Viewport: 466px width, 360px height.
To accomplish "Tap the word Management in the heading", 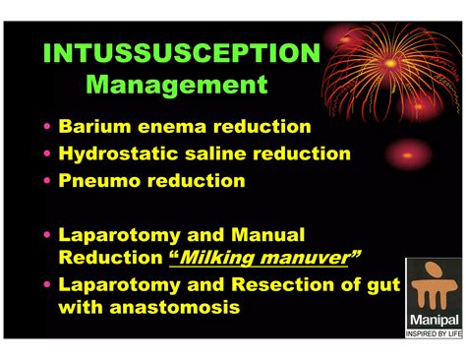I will [x=177, y=85].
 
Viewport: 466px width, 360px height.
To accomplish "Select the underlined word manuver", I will [x=312, y=258].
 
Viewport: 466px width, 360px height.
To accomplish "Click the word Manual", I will [x=268, y=235].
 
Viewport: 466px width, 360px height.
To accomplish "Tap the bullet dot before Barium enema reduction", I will [x=49, y=128].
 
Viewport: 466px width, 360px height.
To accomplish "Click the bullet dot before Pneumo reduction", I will [x=49, y=182].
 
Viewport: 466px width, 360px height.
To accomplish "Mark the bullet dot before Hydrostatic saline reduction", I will [x=49, y=154].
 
